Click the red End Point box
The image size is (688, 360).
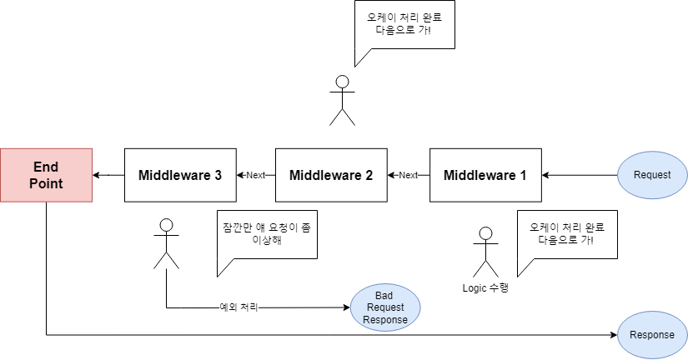tap(47, 175)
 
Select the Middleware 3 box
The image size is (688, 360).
tap(180, 175)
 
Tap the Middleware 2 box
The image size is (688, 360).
tap(331, 175)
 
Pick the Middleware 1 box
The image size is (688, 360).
tap(485, 175)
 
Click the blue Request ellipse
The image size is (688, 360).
tap(653, 175)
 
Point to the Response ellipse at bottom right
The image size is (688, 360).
tap(653, 335)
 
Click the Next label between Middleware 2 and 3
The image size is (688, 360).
tap(255, 175)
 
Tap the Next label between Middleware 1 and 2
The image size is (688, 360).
tap(409, 175)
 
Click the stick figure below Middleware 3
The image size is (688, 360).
tap(167, 243)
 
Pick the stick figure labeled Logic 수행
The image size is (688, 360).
tap(485, 252)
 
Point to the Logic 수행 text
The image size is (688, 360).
tap(485, 288)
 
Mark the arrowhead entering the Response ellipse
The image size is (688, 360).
tap(613, 335)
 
